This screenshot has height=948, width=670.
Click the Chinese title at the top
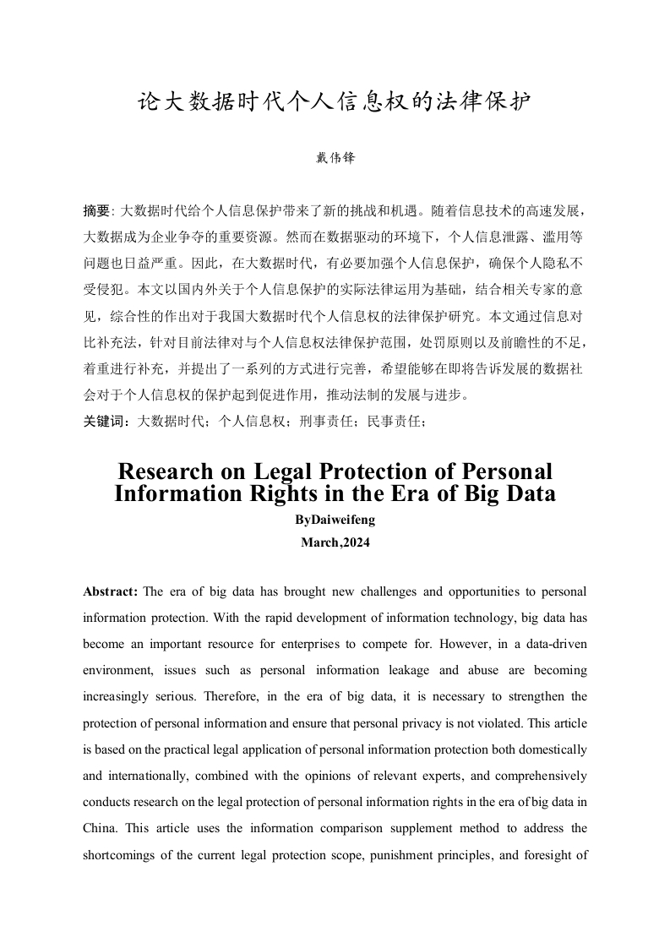335,103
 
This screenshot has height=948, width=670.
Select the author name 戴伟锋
335,158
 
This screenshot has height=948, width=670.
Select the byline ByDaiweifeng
335,520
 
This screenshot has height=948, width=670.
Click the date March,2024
335,542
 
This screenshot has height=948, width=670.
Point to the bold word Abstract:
112,591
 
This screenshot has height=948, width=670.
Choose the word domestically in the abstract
553,749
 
